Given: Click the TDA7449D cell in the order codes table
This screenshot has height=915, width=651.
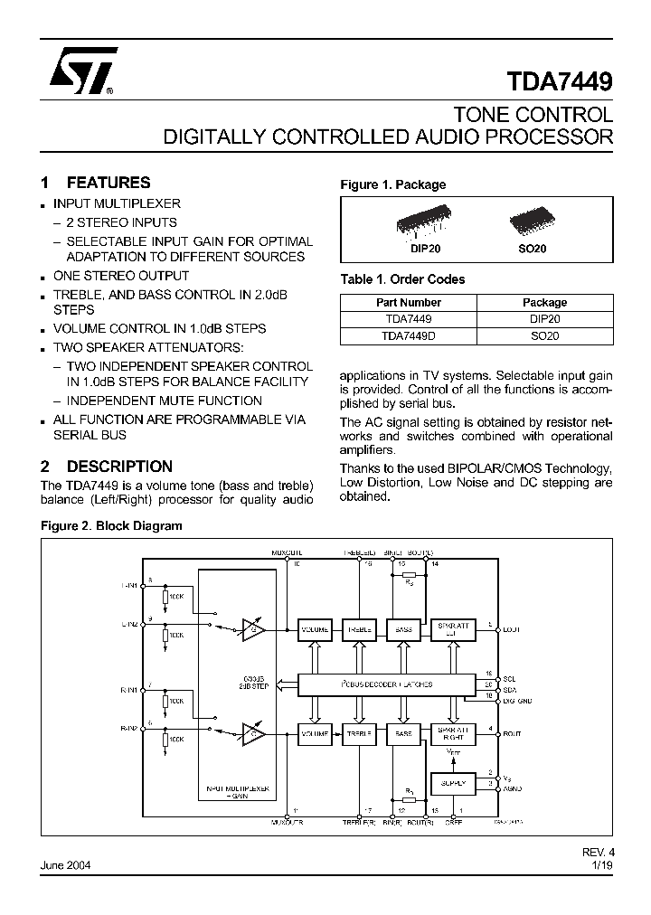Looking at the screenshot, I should (408, 335).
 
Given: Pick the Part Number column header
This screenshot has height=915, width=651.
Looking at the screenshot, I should (408, 303).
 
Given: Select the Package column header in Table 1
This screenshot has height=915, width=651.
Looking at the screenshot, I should (544, 303).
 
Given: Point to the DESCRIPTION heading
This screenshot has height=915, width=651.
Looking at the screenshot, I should (119, 467).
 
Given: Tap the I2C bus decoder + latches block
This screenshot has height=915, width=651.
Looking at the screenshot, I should (387, 684).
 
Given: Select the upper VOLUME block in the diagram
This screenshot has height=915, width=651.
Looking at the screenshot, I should (316, 628).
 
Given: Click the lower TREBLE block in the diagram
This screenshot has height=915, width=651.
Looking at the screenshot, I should (360, 734).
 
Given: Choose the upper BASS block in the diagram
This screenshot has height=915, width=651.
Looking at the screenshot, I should (403, 628).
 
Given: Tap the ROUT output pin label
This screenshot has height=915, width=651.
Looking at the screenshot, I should (512, 734).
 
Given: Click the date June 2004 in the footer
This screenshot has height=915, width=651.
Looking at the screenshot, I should (65, 865).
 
